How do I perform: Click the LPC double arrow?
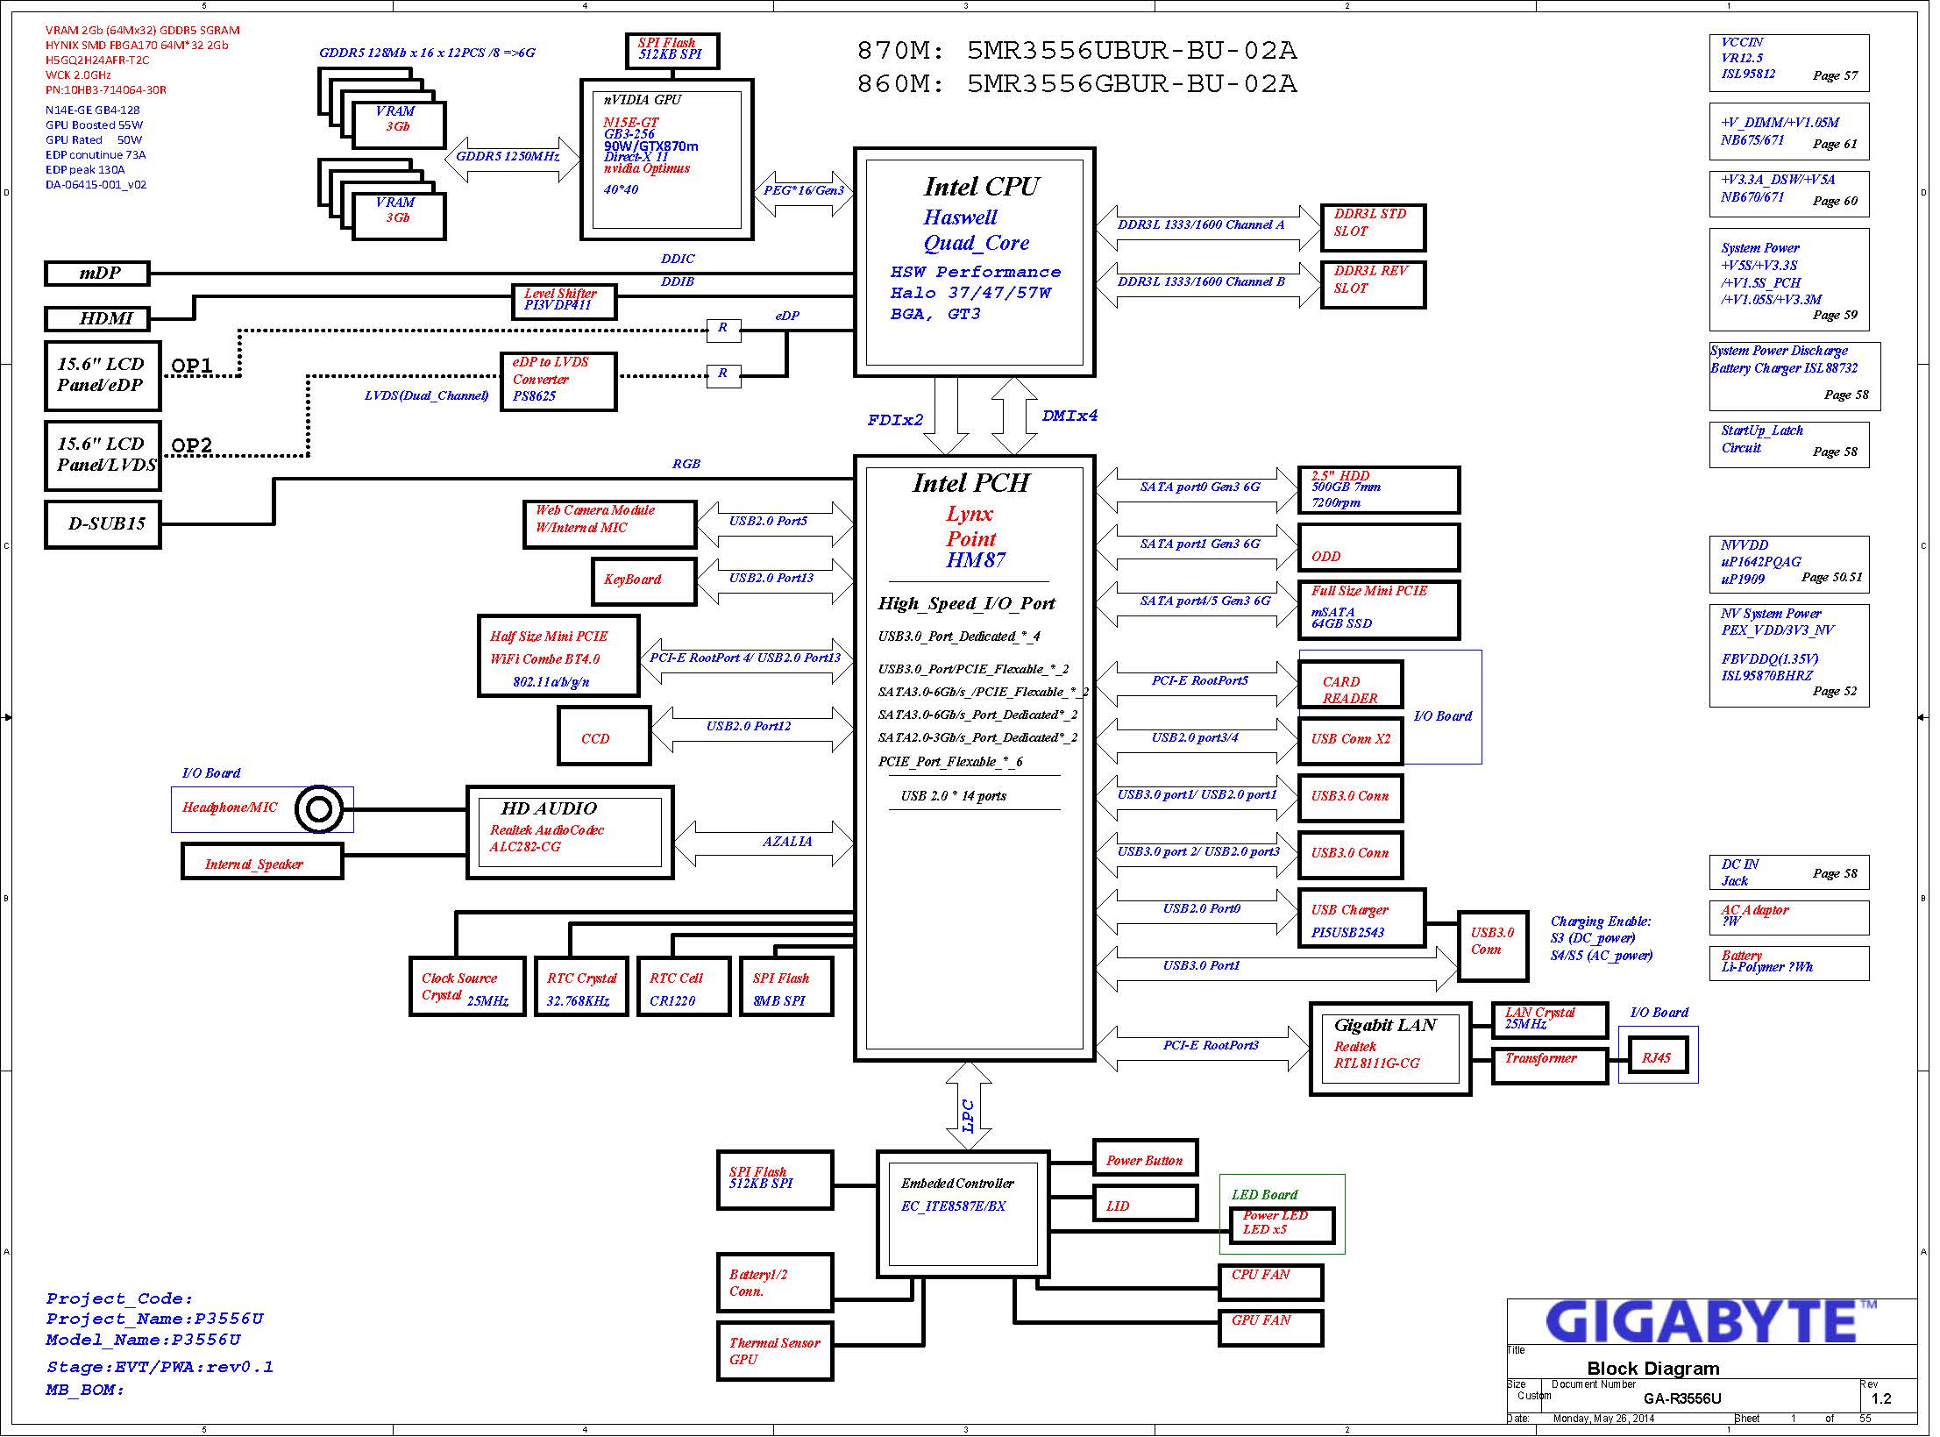[x=969, y=1106]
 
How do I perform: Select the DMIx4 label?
[x=1069, y=416]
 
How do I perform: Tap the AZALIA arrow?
[x=763, y=843]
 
